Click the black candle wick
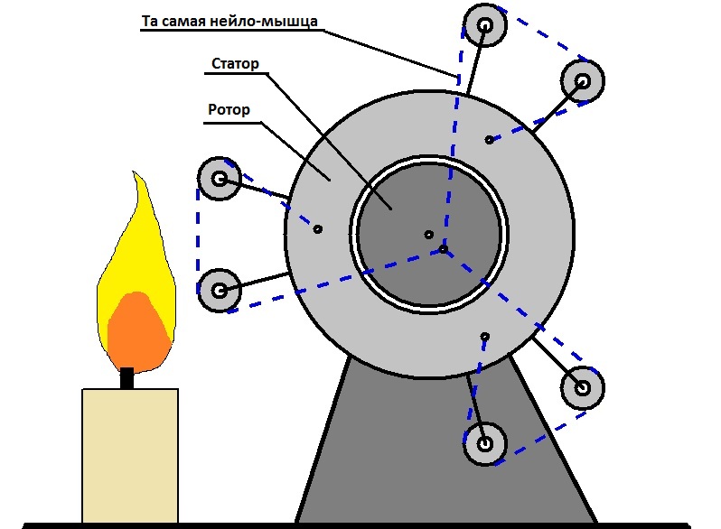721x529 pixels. pos(127,376)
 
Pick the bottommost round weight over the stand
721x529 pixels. pos(485,444)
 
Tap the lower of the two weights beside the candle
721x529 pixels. pos(219,291)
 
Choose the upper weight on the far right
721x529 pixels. pos(582,82)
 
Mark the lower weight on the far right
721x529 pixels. pos(582,388)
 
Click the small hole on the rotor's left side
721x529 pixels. pos(317,229)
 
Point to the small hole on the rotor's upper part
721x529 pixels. pos(489,140)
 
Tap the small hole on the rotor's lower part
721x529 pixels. pos(485,337)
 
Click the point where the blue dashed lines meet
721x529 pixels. pos(443,248)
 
